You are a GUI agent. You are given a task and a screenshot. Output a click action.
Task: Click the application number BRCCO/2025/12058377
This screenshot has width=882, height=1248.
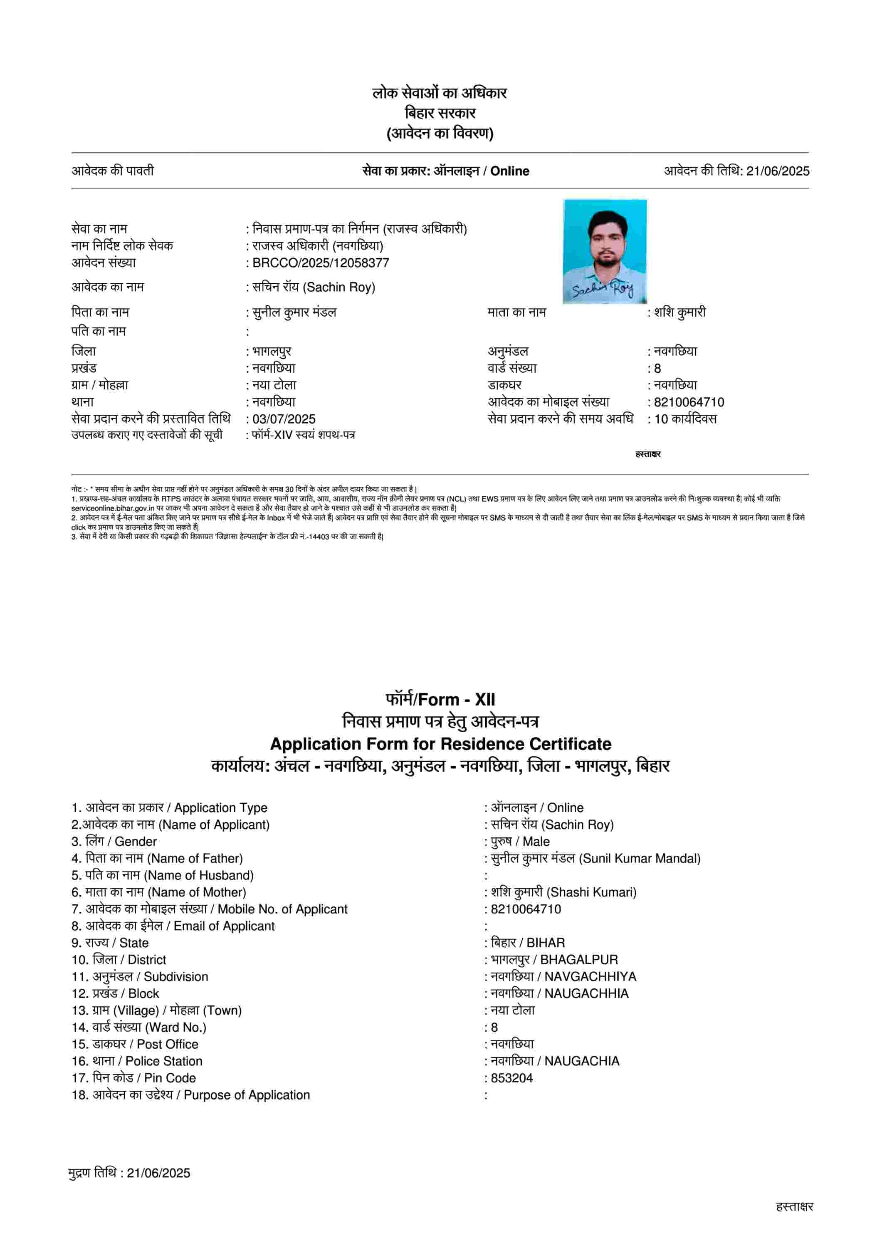321,263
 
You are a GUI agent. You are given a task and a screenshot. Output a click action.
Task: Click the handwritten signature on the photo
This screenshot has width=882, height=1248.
602,289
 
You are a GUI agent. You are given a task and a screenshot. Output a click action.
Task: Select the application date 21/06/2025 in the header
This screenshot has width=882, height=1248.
777,171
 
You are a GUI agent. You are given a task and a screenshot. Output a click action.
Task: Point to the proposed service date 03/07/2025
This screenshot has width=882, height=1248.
284,419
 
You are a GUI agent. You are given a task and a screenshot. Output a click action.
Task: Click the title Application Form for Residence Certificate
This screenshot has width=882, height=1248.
440,743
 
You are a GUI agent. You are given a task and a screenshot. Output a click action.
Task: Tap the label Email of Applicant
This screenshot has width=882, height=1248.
224,926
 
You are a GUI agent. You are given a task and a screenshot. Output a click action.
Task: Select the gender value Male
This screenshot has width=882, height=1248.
536,842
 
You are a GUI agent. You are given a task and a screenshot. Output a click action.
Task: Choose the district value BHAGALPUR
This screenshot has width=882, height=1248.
579,959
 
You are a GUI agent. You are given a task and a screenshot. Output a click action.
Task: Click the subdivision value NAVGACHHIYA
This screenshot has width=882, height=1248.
590,976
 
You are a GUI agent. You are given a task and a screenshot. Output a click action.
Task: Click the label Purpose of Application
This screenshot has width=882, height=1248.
247,1095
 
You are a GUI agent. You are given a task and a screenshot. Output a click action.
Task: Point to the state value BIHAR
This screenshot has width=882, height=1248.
546,943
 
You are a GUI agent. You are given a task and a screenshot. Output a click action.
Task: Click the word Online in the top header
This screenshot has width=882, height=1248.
510,171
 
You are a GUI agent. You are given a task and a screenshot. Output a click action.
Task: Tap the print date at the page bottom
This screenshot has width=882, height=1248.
158,1173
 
